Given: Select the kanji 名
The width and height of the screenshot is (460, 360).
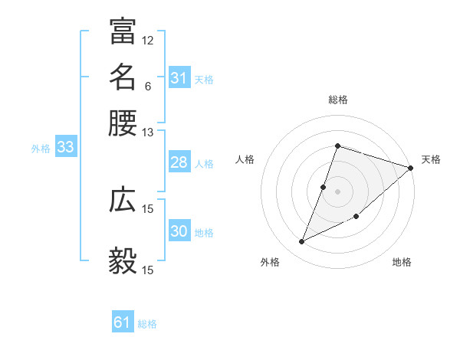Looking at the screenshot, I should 123,77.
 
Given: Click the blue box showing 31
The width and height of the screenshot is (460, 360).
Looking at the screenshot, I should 179,78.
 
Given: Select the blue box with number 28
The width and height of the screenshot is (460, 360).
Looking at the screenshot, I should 179,162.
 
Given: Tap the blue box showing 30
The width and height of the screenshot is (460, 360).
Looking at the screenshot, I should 179,231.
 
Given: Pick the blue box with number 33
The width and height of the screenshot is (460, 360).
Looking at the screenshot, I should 65,148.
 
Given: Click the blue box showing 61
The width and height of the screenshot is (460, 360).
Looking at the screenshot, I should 123,323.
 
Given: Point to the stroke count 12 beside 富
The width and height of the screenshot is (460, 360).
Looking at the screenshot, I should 148,40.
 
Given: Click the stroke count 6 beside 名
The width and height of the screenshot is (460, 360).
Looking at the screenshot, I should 148,86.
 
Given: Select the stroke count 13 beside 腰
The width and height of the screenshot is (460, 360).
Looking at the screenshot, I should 148,132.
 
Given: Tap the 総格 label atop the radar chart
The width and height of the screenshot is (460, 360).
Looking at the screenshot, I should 338,100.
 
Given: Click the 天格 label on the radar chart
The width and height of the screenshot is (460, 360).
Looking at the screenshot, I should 431,159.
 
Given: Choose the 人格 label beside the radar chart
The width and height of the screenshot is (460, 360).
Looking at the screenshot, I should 245,159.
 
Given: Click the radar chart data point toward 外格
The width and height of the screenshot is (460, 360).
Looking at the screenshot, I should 301,242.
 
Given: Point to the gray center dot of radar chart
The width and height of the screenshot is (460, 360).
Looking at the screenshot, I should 338,191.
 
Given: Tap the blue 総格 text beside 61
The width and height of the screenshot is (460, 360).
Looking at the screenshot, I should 147,324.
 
